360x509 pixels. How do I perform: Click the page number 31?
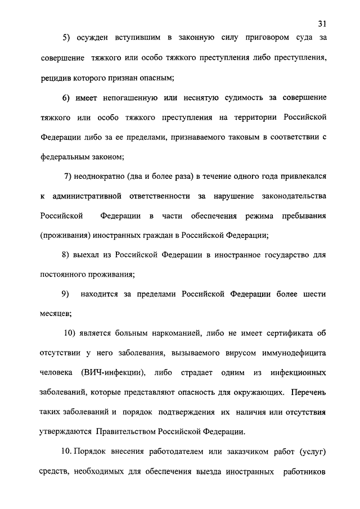coord(321,24)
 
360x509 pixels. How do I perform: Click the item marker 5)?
coord(67,38)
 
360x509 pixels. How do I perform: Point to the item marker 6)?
coord(67,98)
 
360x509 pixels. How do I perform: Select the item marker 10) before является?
coord(71,334)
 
